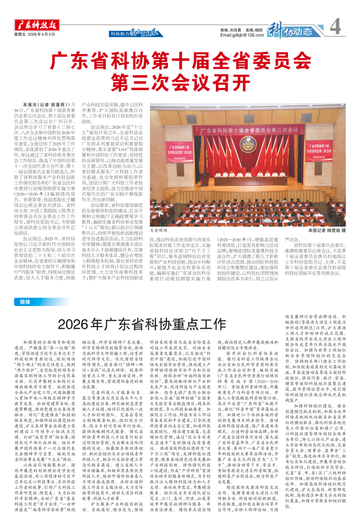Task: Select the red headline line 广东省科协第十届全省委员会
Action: [x=180, y=58]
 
